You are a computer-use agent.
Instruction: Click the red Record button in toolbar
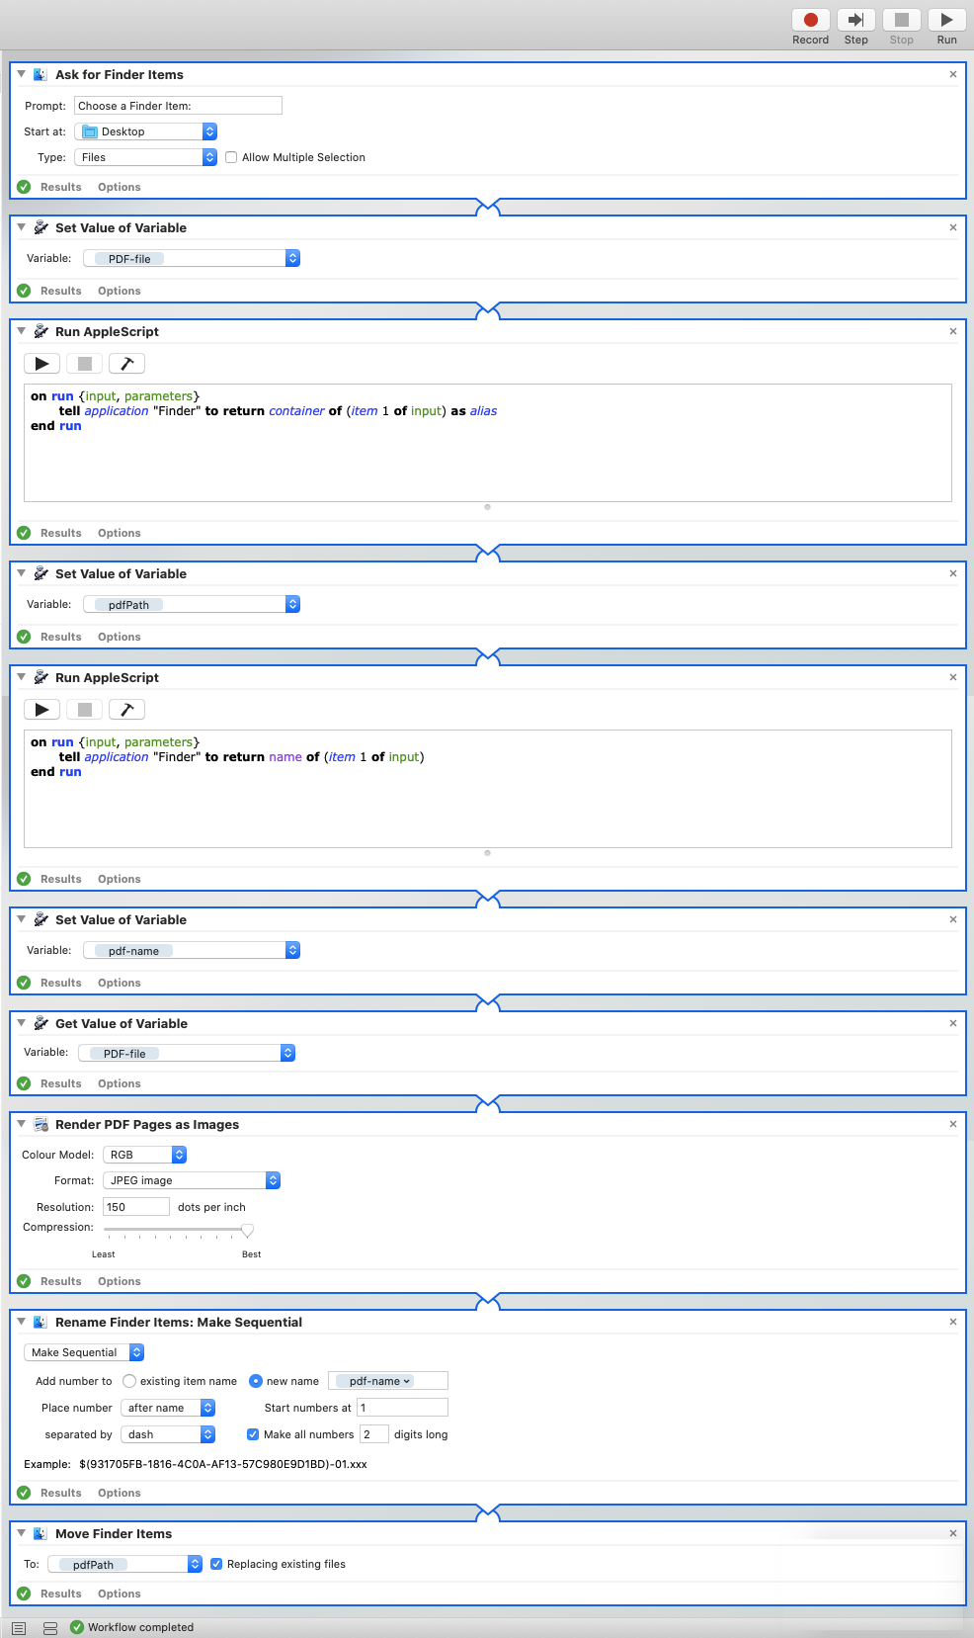(810, 21)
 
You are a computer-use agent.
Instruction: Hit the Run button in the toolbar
(946, 21)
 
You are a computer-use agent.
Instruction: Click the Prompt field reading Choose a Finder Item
(178, 106)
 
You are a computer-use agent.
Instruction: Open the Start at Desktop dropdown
(146, 131)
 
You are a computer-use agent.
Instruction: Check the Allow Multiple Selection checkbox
(231, 157)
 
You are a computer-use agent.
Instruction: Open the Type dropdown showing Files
(146, 157)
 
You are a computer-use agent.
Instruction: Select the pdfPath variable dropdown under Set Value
(192, 604)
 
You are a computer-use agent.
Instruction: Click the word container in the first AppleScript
(296, 411)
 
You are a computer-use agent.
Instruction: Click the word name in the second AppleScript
(285, 757)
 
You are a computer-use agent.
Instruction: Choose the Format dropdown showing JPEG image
(192, 1180)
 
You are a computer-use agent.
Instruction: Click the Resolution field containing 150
(136, 1207)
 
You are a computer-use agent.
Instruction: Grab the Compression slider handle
(247, 1230)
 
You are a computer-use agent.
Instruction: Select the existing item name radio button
(129, 1381)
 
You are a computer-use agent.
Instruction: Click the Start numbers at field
(402, 1408)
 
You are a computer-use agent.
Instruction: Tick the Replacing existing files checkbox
(216, 1564)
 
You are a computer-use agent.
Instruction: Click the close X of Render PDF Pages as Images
(953, 1124)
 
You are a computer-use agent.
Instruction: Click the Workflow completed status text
(140, 1627)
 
